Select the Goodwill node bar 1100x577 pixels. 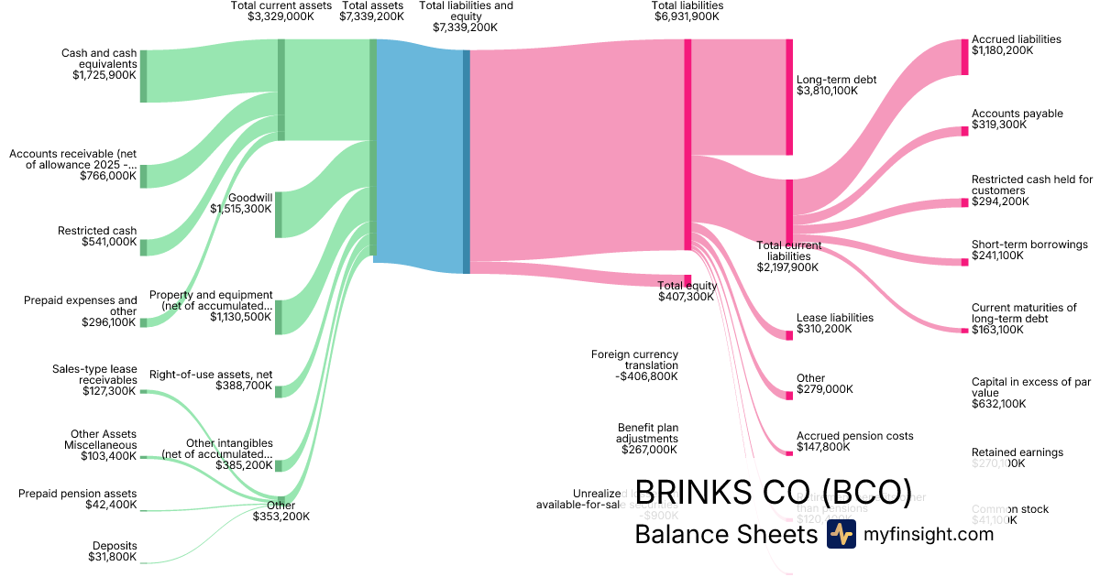[x=279, y=214]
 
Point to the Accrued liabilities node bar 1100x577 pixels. [x=964, y=57]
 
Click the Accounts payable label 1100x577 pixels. [x=1017, y=114]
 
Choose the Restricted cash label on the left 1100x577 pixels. [x=97, y=231]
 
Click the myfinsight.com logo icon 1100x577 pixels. [x=841, y=534]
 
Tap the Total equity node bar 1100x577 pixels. [x=687, y=280]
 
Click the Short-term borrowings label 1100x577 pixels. [x=1029, y=245]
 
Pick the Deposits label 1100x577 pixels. [x=115, y=545]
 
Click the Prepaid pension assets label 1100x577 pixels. [x=78, y=494]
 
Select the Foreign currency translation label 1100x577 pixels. [x=634, y=359]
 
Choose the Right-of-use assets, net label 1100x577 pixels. [x=211, y=375]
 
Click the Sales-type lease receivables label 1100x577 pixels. [x=95, y=374]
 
